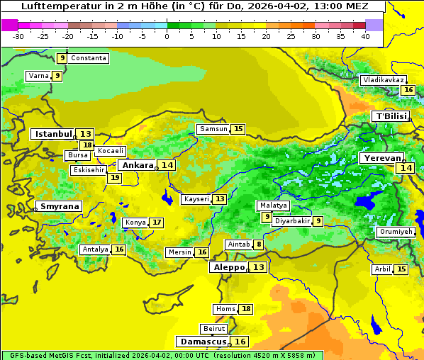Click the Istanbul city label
[x=53, y=134]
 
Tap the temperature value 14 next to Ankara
[x=167, y=165]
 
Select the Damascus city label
[x=203, y=342]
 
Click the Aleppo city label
[x=228, y=267]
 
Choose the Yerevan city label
[x=381, y=158]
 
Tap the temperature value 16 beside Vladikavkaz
[x=408, y=90]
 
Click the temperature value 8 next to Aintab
[x=259, y=244]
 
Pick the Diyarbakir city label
[x=292, y=221]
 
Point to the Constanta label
[x=89, y=58]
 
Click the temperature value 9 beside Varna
[x=57, y=76]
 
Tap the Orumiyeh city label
[x=396, y=232]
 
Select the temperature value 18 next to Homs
[x=245, y=309]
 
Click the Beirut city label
[x=214, y=329]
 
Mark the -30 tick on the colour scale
[x=18, y=36]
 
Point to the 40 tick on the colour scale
[x=365, y=36]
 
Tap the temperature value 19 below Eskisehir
[x=114, y=178]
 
